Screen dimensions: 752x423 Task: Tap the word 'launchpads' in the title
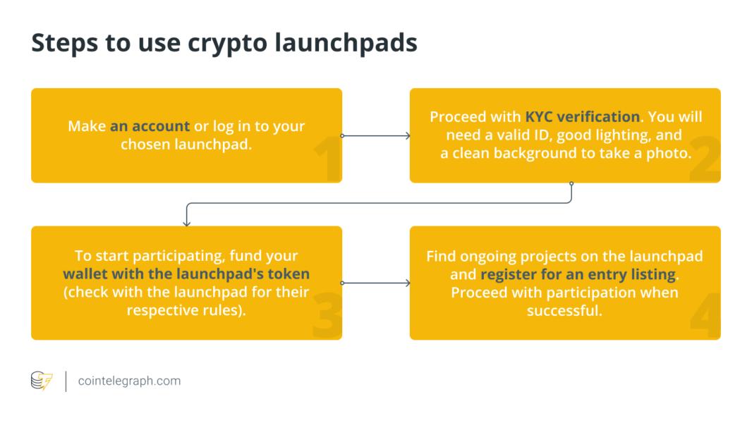(346, 42)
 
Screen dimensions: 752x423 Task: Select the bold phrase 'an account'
(150, 126)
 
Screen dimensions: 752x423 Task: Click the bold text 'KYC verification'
(582, 116)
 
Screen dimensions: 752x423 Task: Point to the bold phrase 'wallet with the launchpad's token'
(186, 274)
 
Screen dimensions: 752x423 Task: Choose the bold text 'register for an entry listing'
(578, 274)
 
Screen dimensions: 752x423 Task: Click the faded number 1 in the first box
(328, 158)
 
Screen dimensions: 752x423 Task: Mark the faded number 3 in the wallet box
(327, 316)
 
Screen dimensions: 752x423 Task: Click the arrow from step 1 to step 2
(376, 135)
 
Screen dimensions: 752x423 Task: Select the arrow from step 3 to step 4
(376, 283)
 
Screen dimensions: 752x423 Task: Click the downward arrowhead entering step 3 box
(186, 223)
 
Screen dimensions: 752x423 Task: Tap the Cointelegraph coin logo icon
(42, 381)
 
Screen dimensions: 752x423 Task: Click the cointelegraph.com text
(130, 381)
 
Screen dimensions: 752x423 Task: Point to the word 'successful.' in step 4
(564, 310)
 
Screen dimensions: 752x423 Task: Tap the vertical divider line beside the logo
(66, 381)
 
